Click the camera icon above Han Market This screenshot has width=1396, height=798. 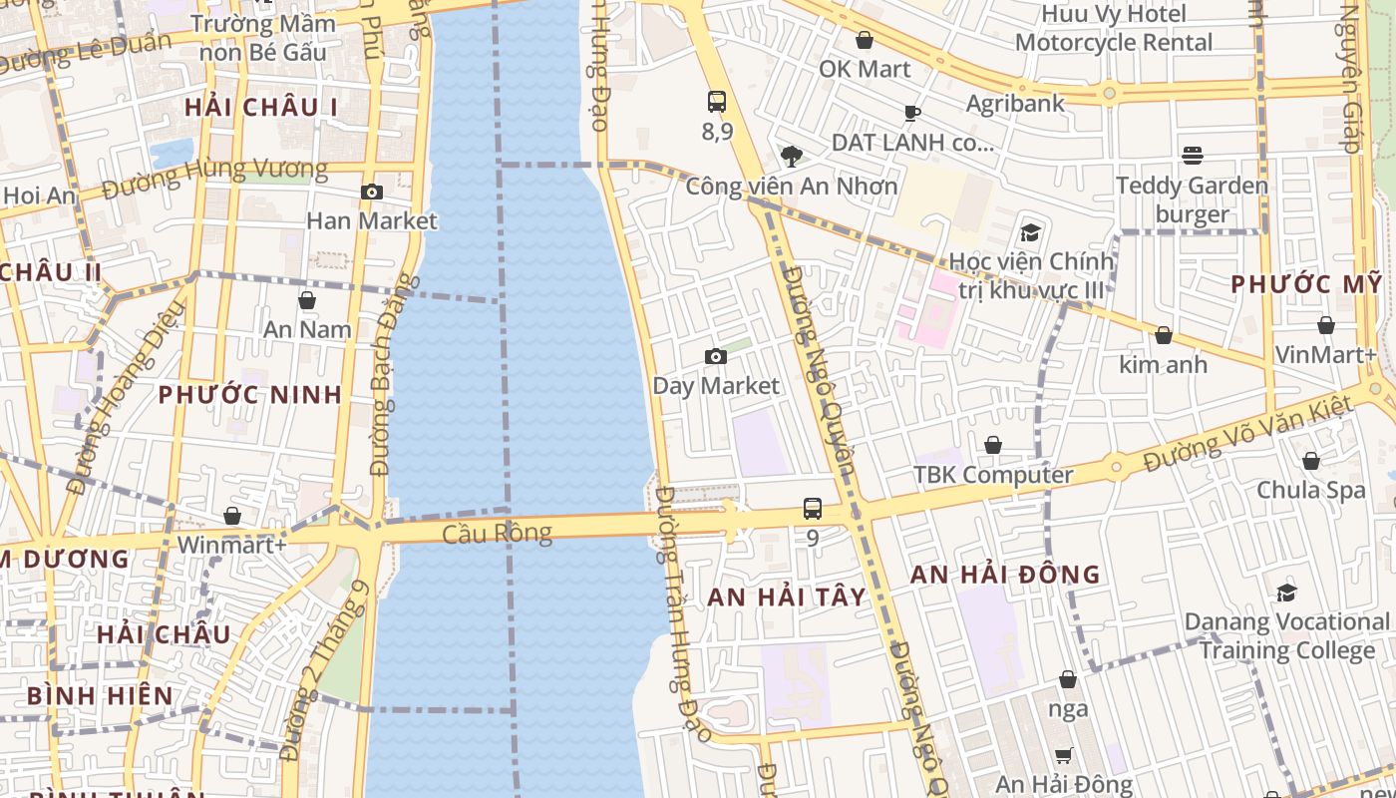(372, 192)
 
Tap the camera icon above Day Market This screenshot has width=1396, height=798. (715, 356)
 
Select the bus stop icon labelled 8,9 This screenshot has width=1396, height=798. (716, 101)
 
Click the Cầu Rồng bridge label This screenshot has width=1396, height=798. (497, 533)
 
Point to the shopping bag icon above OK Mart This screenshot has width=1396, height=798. (864, 40)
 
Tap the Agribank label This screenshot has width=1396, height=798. (1015, 104)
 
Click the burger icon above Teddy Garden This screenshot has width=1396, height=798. (1193, 155)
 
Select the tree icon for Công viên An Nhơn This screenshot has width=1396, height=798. (792, 156)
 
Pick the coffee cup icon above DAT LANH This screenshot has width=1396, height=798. (911, 113)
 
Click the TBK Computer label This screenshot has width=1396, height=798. (993, 475)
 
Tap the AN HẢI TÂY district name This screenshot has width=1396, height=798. (787, 597)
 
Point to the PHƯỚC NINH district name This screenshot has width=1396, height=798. (250, 394)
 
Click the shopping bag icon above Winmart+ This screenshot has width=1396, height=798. (232, 516)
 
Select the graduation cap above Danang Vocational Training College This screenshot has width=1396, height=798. (1286, 593)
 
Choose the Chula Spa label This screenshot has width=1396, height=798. (1310, 490)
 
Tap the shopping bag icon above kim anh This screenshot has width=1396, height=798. (1163, 335)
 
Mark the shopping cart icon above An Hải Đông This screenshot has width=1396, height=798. (1064, 755)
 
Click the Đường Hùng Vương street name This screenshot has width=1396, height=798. (214, 178)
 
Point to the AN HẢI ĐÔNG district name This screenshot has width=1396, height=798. (1005, 574)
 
